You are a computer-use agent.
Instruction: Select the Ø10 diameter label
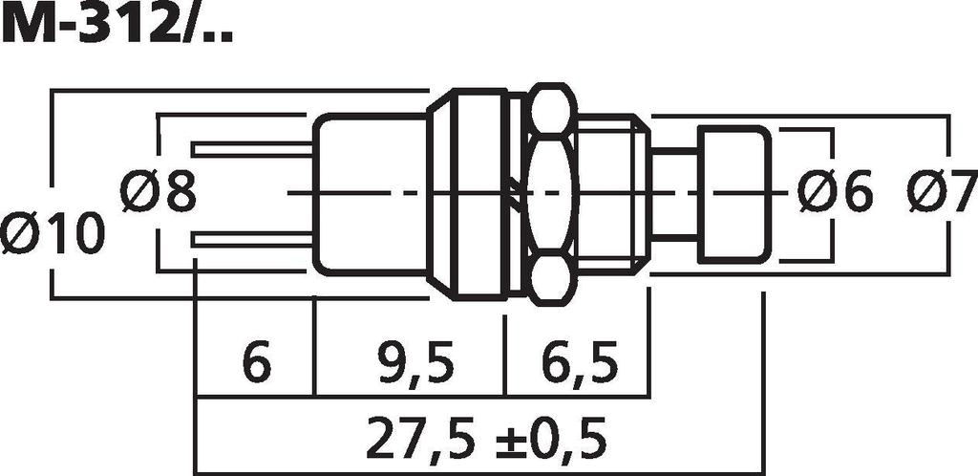pyautogui.click(x=52, y=233)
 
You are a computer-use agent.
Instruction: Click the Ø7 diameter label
pyautogui.click(x=942, y=192)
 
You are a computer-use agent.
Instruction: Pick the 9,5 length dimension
pyautogui.click(x=409, y=363)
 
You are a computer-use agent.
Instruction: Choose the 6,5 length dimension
pyautogui.click(x=578, y=363)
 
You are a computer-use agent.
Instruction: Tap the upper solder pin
pyautogui.click(x=253, y=149)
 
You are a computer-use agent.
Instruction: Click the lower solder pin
pyautogui.click(x=253, y=239)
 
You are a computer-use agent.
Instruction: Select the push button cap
pyautogui.click(x=733, y=194)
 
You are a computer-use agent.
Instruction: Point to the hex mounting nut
pyautogui.click(x=552, y=194)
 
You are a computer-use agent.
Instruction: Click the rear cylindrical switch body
pyautogui.click(x=371, y=194)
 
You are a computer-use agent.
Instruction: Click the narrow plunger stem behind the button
pyautogui.click(x=674, y=194)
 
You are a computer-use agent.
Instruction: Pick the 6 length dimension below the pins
pyautogui.click(x=256, y=363)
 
